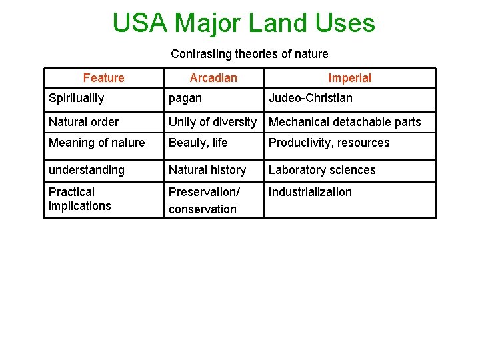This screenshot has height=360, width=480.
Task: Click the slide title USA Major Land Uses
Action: point(243,23)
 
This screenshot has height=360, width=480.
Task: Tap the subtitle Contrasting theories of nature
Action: point(249,54)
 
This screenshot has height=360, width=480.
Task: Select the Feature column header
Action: point(103,78)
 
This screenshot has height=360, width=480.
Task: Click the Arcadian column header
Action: point(213,78)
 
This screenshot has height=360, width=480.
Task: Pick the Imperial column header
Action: point(349,78)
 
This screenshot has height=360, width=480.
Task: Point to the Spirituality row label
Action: point(77,98)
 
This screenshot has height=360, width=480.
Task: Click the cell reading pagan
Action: point(185,98)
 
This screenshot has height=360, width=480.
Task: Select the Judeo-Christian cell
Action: point(311,98)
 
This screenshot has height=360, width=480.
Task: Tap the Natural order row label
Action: point(84,122)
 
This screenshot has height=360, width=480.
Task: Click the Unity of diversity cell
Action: point(212,122)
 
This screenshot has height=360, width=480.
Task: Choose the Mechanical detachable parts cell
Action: point(345,122)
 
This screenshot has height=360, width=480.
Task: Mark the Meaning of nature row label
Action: point(97,143)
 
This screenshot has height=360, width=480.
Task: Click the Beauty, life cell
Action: point(198,143)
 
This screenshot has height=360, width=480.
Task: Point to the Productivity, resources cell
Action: point(329,143)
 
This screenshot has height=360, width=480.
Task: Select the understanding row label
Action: point(87,170)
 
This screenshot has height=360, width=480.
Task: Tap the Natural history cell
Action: point(207,170)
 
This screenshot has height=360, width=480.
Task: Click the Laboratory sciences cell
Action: point(322,170)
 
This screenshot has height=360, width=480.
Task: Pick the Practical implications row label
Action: point(80,199)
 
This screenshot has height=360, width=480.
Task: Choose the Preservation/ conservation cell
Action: point(203,200)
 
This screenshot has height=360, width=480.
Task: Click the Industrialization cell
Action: point(310,192)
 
